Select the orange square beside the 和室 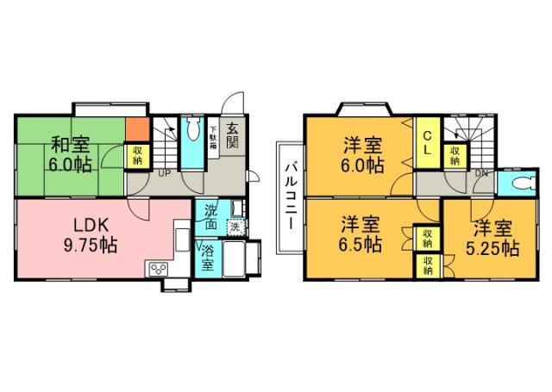click(x=136, y=131)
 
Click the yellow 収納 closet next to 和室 click(x=136, y=155)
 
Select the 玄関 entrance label click(x=232, y=137)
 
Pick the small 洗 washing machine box click(x=233, y=227)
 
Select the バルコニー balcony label click(x=292, y=195)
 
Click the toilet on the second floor click(x=520, y=183)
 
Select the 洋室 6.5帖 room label click(x=360, y=234)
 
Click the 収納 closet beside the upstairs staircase click(x=454, y=155)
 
